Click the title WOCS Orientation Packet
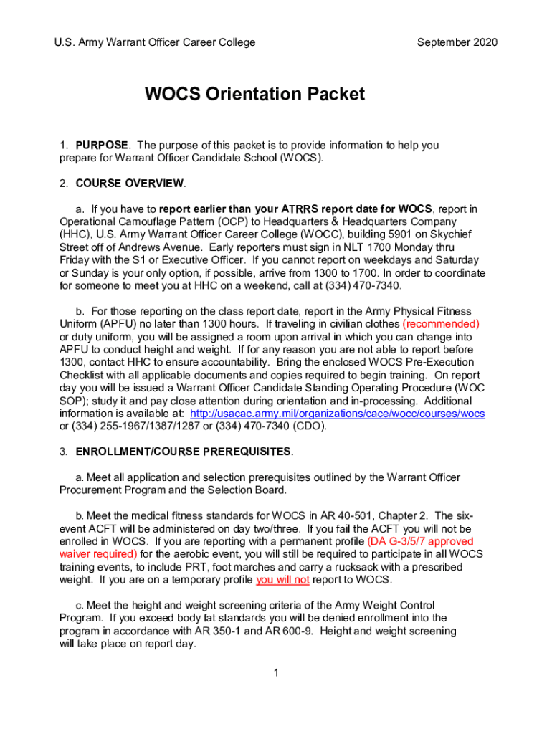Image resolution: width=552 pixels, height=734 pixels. point(254,95)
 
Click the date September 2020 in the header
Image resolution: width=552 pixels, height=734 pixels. point(457,42)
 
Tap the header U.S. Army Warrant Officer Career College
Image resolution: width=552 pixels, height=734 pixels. point(155,42)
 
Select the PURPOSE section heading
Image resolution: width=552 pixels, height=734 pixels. point(103,145)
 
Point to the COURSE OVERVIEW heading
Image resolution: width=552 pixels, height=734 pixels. point(130,183)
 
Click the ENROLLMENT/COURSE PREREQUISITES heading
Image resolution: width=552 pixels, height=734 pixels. point(184,452)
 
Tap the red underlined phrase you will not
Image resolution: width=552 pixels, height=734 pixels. point(282,579)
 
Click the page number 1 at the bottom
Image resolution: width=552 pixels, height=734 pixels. point(276,672)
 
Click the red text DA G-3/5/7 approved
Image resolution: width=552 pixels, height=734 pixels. point(420,541)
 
